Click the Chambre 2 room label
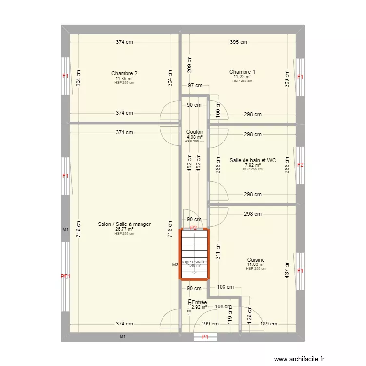pyautogui.click(x=124, y=74)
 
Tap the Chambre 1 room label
pyautogui.click(x=242, y=72)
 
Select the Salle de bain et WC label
pyautogui.click(x=253, y=160)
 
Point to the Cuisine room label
pyautogui.click(x=256, y=260)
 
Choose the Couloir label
pyautogui.click(x=194, y=132)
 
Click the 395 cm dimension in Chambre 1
pyautogui.click(x=239, y=42)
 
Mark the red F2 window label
pyautogui.click(x=300, y=165)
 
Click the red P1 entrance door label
pyautogui.click(x=205, y=337)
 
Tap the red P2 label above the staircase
pyautogui.click(x=194, y=228)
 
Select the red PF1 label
pyautogui.click(x=65, y=277)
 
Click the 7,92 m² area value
pyautogui.click(x=253, y=165)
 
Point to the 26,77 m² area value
pyautogui.click(x=124, y=230)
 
